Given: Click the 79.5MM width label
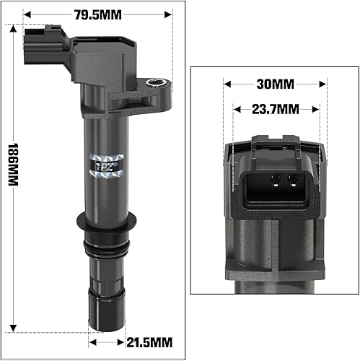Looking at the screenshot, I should pos(97,13).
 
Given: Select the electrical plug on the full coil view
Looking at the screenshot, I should pos(41,45).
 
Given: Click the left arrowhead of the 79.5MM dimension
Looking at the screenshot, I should pos(26,13).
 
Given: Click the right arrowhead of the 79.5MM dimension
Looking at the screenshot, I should pos(170,13).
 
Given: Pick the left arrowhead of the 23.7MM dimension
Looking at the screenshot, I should pos(235,109).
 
